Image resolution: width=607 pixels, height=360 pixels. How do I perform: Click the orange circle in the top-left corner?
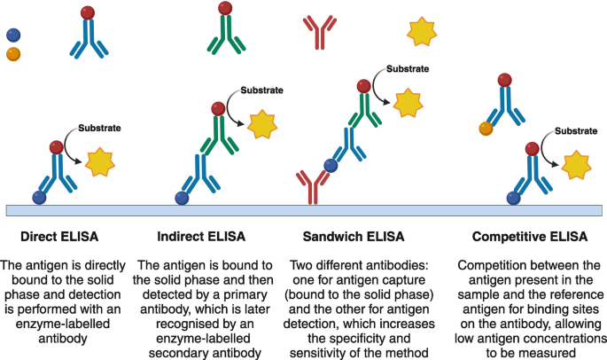coord(13,54)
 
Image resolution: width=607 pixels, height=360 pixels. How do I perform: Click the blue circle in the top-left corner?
coord(12,35)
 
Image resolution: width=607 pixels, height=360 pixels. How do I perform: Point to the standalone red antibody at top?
coord(317,31)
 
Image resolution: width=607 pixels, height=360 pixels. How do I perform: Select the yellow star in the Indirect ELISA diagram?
coord(262,125)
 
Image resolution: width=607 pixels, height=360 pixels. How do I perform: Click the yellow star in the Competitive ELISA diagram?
coord(576,166)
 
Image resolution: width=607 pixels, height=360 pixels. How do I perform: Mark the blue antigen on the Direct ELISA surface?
coord(40,197)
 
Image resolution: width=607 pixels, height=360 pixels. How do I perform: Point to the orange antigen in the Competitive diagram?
coord(486,128)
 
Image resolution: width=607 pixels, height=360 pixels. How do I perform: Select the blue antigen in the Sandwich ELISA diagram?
coord(330,164)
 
